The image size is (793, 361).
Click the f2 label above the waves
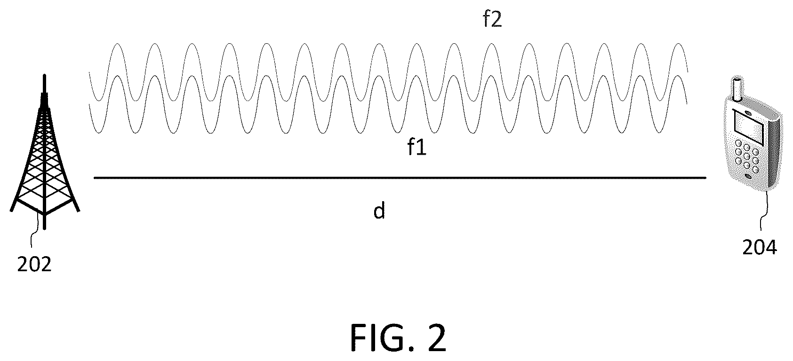492,19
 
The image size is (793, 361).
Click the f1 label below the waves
417,147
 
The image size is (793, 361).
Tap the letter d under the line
379,211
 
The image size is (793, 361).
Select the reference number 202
34,265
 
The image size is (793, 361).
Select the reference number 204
760,248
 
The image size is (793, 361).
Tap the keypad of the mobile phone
746,156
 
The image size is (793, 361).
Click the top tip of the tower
44,75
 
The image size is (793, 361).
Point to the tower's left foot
11,211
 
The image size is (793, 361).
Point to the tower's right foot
78,211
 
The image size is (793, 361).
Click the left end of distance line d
94,178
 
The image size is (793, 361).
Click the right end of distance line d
706,178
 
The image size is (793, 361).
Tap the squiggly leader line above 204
764,211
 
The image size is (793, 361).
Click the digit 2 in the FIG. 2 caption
435,338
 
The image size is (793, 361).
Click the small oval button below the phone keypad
747,176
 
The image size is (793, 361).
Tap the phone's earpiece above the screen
747,113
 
